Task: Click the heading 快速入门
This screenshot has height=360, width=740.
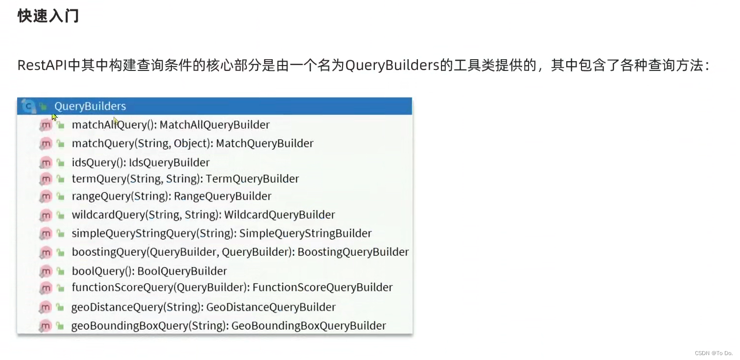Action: [48, 16]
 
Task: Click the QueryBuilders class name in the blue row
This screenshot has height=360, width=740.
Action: [90, 106]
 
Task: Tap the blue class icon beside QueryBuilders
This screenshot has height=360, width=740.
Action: [29, 106]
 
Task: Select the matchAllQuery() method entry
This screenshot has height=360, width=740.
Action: [170, 125]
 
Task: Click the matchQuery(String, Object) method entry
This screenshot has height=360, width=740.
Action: [192, 143]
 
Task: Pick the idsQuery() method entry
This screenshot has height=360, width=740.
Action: [140, 162]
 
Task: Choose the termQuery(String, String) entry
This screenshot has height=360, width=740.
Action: [185, 179]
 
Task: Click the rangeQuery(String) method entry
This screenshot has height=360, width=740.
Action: [171, 196]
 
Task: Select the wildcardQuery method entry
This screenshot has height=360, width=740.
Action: [203, 215]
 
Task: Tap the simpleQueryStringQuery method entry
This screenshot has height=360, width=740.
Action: [221, 233]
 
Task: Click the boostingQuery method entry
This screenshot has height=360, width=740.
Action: [240, 252]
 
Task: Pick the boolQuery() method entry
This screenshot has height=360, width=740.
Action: [149, 271]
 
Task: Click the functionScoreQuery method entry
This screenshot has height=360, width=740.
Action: [232, 287]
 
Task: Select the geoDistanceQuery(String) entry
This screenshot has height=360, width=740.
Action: [203, 307]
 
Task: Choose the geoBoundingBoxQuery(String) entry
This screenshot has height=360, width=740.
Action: [229, 326]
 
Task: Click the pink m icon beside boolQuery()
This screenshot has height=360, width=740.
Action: [46, 271]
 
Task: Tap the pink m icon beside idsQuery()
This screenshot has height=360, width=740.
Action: [46, 162]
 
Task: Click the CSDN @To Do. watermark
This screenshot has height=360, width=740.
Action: [714, 353]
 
